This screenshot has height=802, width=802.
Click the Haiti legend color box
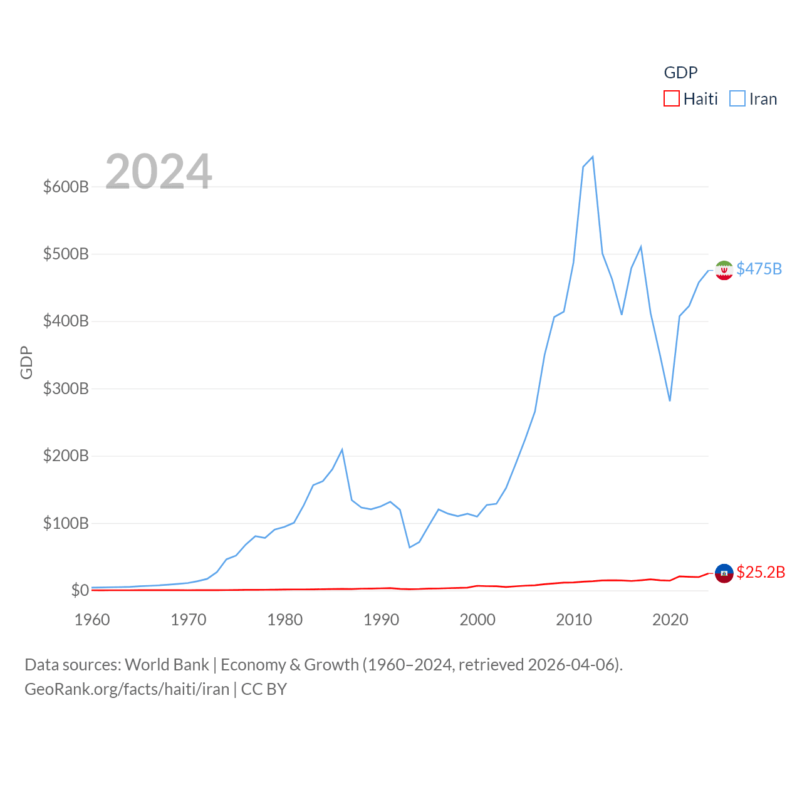[x=672, y=99]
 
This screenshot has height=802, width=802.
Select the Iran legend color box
[x=737, y=99]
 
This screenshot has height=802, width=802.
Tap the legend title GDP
[x=680, y=73]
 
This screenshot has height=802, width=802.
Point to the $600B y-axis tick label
[x=66, y=187]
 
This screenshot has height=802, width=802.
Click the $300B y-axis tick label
[x=66, y=388]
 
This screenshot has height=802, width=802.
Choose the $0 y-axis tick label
[x=80, y=590]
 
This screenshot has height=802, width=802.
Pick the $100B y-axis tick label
[x=66, y=523]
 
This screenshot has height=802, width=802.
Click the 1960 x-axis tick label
[x=92, y=620]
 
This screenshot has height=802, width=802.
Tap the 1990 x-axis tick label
[x=381, y=620]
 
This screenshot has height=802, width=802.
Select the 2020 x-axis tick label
[x=670, y=620]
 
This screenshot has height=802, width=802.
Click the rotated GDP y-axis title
[x=26, y=362]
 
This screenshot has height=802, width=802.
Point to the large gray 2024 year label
[x=159, y=172]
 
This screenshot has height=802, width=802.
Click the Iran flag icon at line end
[x=724, y=270]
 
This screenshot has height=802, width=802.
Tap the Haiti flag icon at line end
[x=724, y=573]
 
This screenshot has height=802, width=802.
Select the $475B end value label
[x=759, y=269]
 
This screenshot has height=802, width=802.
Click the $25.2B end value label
[x=761, y=572]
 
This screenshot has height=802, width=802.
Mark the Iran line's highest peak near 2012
[x=593, y=157]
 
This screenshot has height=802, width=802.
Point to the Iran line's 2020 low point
[x=670, y=400]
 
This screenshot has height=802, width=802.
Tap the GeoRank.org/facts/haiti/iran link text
[x=127, y=689]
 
